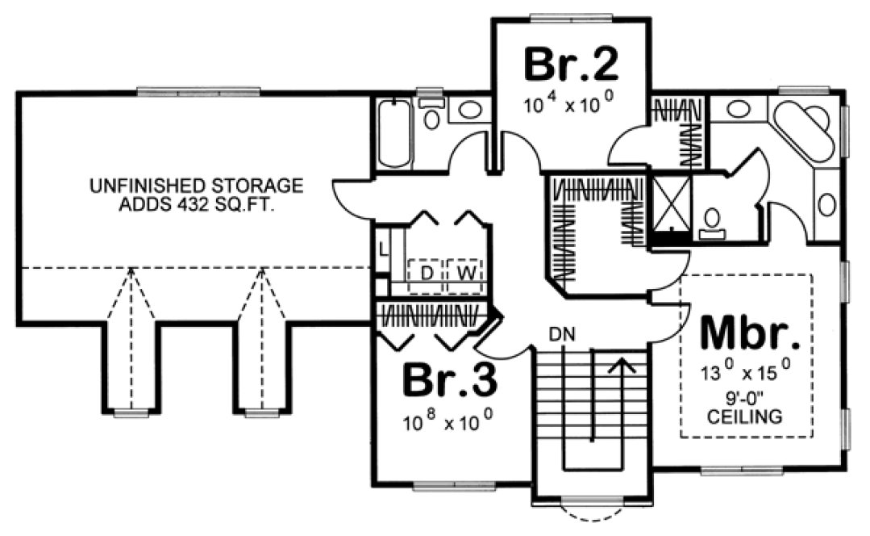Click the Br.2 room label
click(571, 65)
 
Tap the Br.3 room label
click(448, 382)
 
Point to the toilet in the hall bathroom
click(432, 115)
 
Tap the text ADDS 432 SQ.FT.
click(197, 204)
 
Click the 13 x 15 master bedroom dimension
click(745, 375)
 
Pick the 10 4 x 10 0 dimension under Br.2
click(570, 106)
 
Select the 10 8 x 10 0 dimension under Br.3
click(448, 421)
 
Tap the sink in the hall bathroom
click(466, 111)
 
